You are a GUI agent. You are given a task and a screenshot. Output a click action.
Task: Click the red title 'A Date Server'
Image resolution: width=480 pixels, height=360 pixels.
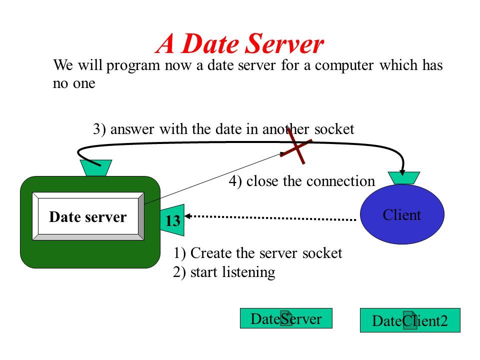pyautogui.click(x=239, y=44)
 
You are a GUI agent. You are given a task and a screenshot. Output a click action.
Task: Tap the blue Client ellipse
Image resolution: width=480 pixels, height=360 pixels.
pyautogui.click(x=402, y=214)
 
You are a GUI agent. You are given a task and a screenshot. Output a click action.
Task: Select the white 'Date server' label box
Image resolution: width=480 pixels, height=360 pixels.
pyautogui.click(x=88, y=216)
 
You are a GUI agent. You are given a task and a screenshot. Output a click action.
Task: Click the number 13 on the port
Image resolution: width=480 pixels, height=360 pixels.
pyautogui.click(x=172, y=220)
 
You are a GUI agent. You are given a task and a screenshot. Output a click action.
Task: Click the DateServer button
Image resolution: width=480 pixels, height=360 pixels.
pyautogui.click(x=286, y=318)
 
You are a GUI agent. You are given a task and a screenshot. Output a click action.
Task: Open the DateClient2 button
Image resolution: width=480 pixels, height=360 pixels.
pyautogui.click(x=410, y=320)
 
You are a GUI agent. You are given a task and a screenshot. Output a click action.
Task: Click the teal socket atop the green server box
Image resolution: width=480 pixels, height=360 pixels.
pyautogui.click(x=96, y=168)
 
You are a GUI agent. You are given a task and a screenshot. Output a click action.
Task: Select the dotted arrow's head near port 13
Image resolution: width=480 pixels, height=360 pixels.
pyautogui.click(x=187, y=216)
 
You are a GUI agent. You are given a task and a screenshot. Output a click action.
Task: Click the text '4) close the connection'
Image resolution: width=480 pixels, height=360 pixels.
pyautogui.click(x=301, y=181)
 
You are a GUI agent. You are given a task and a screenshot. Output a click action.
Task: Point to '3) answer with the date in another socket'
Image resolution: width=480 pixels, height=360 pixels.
pyautogui.click(x=223, y=129)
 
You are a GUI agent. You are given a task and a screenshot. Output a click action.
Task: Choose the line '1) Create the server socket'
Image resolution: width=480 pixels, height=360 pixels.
pyautogui.click(x=257, y=253)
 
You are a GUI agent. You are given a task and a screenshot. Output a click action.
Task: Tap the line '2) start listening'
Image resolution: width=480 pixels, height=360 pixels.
pyautogui.click(x=224, y=272)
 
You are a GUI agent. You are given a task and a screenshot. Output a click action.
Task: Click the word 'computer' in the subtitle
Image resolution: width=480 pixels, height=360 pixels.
pyautogui.click(x=344, y=65)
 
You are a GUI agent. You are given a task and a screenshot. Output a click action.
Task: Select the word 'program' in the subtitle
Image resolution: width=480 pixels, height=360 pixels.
pyautogui.click(x=133, y=65)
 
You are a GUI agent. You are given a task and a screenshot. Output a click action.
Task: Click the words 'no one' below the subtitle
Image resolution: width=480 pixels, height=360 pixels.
pyautogui.click(x=74, y=83)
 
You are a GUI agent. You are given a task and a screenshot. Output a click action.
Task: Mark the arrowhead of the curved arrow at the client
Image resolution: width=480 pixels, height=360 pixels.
pyautogui.click(x=402, y=172)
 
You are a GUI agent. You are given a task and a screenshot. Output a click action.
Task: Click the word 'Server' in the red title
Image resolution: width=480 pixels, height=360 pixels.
pyautogui.click(x=284, y=44)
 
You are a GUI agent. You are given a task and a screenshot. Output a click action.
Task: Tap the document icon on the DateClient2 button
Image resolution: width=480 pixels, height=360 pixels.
pyautogui.click(x=410, y=320)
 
